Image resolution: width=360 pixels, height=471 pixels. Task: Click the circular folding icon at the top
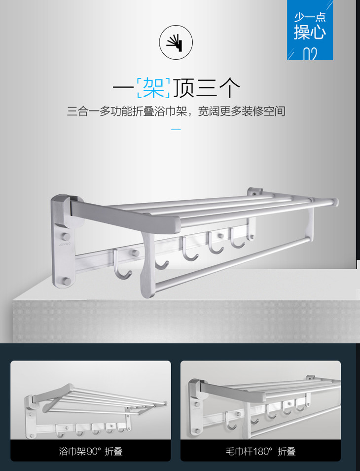(x=176, y=42)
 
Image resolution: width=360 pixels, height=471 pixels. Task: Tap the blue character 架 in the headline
(x=153, y=88)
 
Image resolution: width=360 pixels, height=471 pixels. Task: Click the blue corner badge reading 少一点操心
(x=310, y=30)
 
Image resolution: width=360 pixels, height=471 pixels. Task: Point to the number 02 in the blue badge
(x=310, y=54)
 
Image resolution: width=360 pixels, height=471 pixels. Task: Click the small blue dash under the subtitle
(x=176, y=130)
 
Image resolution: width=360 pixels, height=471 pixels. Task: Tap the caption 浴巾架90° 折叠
(x=91, y=451)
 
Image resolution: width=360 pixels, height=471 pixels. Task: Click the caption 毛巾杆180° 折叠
(x=260, y=451)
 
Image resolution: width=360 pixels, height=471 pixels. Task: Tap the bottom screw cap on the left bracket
(x=67, y=282)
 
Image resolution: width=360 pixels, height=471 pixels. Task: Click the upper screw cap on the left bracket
(x=67, y=236)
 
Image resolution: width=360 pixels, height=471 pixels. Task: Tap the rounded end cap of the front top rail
(x=334, y=202)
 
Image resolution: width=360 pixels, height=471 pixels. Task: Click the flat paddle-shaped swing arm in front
(x=148, y=264)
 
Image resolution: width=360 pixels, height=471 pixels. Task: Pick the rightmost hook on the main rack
(x=237, y=238)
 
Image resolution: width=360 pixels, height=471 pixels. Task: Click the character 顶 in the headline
(x=183, y=88)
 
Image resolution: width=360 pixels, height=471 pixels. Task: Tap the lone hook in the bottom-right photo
(x=232, y=422)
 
